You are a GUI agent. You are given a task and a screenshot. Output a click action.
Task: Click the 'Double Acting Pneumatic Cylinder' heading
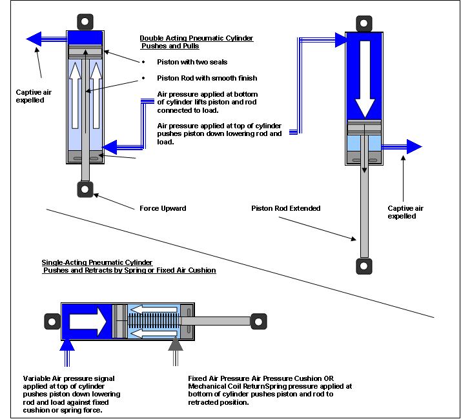pos(196,39)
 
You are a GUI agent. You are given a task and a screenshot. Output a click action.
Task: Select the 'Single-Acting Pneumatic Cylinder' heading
pos(96,263)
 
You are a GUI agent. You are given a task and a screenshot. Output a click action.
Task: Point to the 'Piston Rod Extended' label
pos(286,208)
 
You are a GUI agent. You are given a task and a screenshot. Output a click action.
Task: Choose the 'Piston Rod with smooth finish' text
pos(198,79)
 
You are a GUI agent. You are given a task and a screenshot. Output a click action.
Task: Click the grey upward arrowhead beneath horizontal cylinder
pos(175,349)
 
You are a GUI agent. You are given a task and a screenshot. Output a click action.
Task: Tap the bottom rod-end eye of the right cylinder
pos(363,265)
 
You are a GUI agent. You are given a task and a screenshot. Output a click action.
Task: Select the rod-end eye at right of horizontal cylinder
pos(258,320)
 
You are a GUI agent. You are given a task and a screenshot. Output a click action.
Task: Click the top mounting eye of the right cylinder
pos(363,21)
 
